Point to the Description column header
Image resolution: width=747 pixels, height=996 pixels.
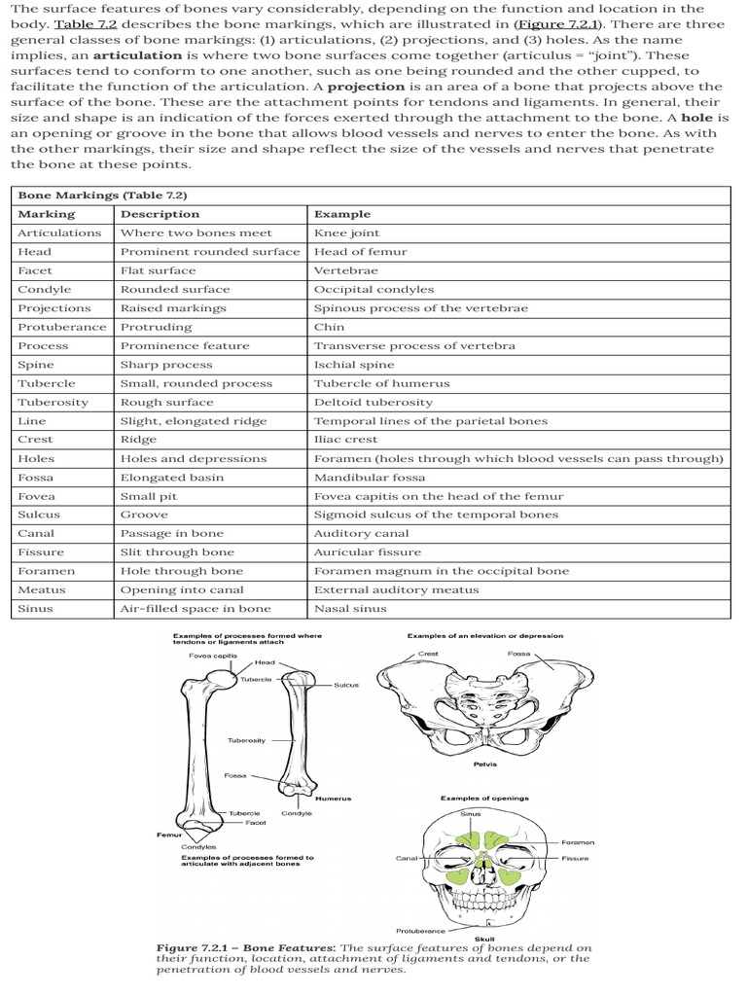(160, 214)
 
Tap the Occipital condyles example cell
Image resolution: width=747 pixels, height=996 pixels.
(373, 290)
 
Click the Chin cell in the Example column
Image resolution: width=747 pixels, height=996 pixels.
(329, 327)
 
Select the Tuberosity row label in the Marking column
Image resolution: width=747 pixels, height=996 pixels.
(53, 403)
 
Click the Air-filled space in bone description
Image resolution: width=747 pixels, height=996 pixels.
(196, 609)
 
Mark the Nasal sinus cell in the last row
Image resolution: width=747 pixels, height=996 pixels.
(350, 609)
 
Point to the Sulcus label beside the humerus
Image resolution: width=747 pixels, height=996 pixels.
(346, 685)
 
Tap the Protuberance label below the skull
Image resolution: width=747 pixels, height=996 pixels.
(421, 930)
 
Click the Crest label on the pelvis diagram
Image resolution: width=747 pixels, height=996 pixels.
(428, 654)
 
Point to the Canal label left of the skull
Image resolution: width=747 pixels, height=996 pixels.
(407, 858)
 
